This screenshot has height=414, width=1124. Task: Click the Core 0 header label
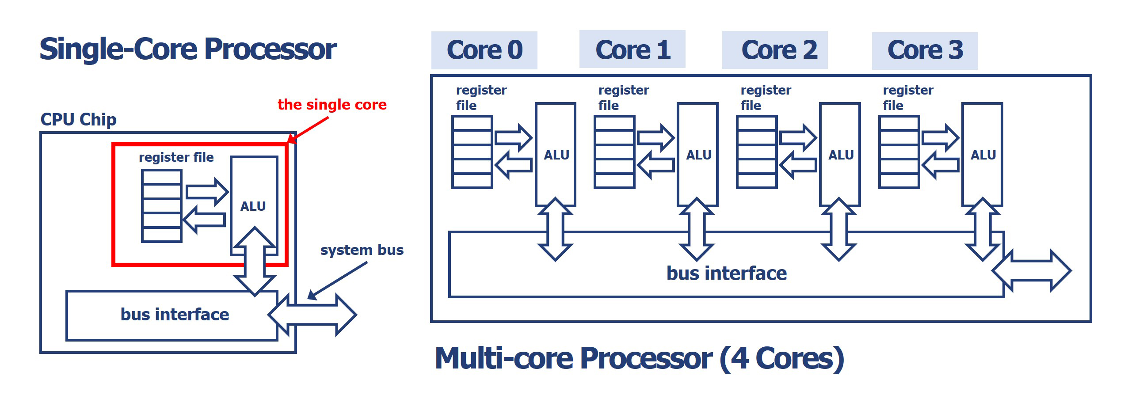pyautogui.click(x=484, y=50)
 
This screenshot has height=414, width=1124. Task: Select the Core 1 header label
pyautogui.click(x=632, y=49)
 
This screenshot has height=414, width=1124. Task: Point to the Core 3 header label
pyautogui.click(x=925, y=50)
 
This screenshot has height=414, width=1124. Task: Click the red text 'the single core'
pyautogui.click(x=332, y=105)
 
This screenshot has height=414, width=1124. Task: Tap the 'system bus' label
pyautogui.click(x=362, y=250)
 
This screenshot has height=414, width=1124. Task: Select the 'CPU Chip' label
pyautogui.click(x=78, y=120)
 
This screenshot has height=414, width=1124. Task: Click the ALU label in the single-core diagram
pyautogui.click(x=253, y=206)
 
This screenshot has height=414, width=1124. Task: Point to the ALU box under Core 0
pyautogui.click(x=556, y=155)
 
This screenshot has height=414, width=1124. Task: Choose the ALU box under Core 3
pyautogui.click(x=982, y=155)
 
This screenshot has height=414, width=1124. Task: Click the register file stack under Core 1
pyautogui.click(x=614, y=152)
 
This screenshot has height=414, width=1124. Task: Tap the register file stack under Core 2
pyautogui.click(x=757, y=152)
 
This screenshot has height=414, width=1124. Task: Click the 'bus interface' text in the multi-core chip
pyautogui.click(x=727, y=273)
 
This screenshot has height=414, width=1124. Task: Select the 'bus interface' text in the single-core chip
pyautogui.click(x=175, y=315)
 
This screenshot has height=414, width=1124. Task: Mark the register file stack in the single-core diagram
pyautogui.click(x=162, y=206)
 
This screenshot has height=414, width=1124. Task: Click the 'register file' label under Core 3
pyautogui.click(x=908, y=98)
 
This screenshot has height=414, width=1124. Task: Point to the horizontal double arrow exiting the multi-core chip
pyautogui.click(x=1032, y=271)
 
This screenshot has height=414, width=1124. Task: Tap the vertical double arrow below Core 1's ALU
pyautogui.click(x=697, y=229)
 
